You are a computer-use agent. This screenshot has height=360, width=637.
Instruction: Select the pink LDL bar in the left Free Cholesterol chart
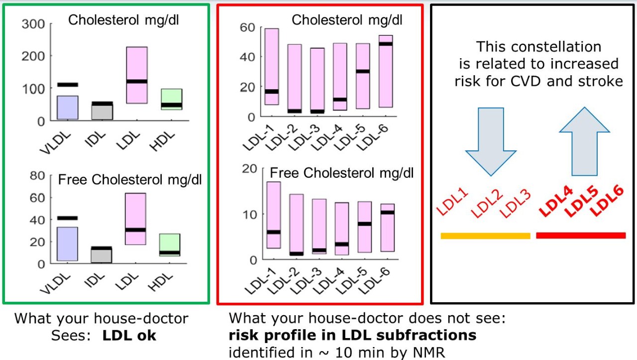(x=136, y=219)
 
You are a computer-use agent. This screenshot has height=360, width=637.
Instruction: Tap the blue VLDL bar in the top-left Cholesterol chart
(x=68, y=108)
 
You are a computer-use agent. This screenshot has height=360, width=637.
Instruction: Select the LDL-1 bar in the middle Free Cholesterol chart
(x=273, y=215)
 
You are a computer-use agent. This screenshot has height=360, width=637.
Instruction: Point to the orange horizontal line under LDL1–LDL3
(x=485, y=236)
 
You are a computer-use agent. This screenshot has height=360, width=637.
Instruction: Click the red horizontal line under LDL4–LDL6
(x=581, y=236)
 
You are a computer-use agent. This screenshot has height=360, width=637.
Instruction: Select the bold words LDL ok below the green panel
(x=129, y=335)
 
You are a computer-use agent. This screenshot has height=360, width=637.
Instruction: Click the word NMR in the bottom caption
(x=427, y=352)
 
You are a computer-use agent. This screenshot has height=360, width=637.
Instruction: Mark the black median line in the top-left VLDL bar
(x=68, y=85)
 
